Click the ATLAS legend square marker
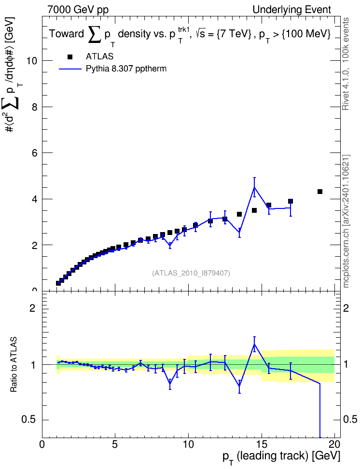pyautogui.click(x=70, y=57)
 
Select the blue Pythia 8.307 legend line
pyautogui.click(x=70, y=69)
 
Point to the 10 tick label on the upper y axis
pyautogui.click(x=32, y=61)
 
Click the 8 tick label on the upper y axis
pyautogui.click(x=34, y=107)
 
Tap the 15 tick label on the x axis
pyautogui.click(x=262, y=443)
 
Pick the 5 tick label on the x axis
pyautogui.click(x=115, y=443)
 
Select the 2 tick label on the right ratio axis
pyautogui.click(x=346, y=308)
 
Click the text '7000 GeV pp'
pyautogui.click(x=78, y=10)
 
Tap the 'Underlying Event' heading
pyautogui.click(x=292, y=10)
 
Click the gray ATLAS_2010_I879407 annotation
pyautogui.click(x=191, y=273)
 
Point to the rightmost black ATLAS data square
pyautogui.click(x=320, y=192)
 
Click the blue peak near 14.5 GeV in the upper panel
pyautogui.click(x=254, y=187)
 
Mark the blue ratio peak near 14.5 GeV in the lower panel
pyautogui.click(x=254, y=345)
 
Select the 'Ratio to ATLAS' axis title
pyautogui.click(x=14, y=365)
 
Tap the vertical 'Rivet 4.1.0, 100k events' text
pyautogui.click(x=346, y=64)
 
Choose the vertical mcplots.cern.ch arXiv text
pyautogui.click(x=346, y=221)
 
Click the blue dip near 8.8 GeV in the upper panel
pyautogui.click(x=170, y=245)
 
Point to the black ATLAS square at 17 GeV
pyautogui.click(x=291, y=201)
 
